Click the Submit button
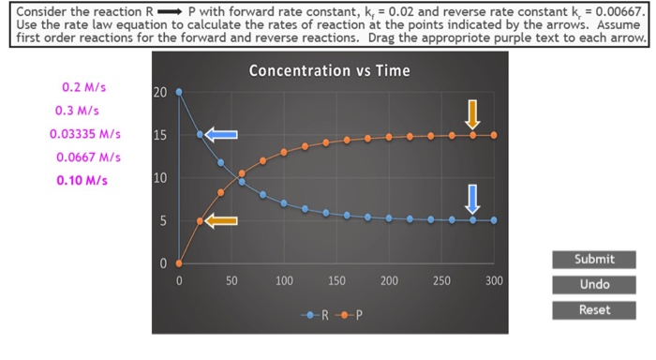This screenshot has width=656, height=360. (594, 260)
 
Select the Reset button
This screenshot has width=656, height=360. (594, 309)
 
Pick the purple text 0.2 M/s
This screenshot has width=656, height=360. (84, 88)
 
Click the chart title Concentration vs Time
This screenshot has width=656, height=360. (328, 70)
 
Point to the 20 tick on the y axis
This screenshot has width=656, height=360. (159, 93)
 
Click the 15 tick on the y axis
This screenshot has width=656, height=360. (159, 136)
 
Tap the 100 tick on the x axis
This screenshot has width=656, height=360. (284, 281)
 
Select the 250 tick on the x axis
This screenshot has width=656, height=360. (441, 281)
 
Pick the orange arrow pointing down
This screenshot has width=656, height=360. (472, 113)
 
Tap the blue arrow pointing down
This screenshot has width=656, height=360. (472, 197)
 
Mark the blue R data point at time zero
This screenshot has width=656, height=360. (179, 92)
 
